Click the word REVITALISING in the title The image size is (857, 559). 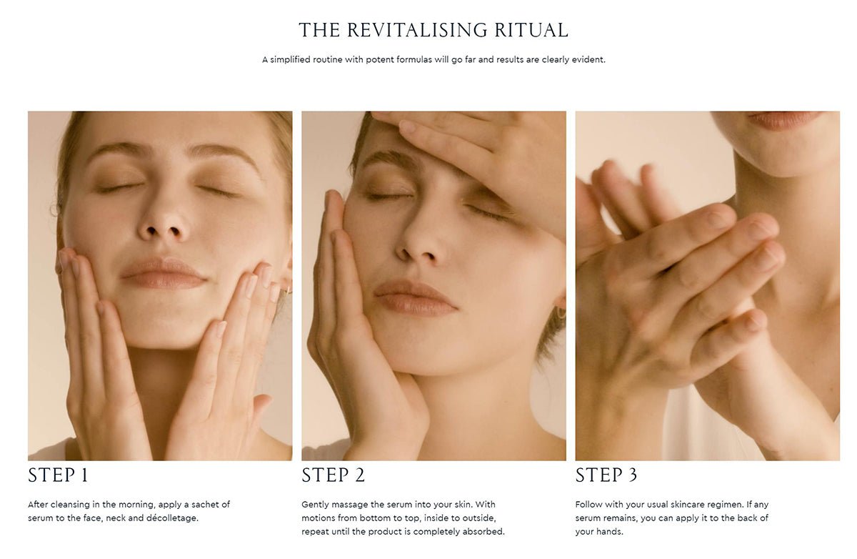[x=417, y=30]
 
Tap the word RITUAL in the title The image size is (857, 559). [x=531, y=30]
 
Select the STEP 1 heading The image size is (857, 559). [x=58, y=475]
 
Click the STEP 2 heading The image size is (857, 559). [x=334, y=475]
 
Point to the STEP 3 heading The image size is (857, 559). [x=606, y=475]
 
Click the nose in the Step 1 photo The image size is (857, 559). [x=164, y=222]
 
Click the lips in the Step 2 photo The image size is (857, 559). [x=415, y=298]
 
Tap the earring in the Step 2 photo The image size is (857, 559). [x=561, y=312]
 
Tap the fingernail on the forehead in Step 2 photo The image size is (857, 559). [x=407, y=126]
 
